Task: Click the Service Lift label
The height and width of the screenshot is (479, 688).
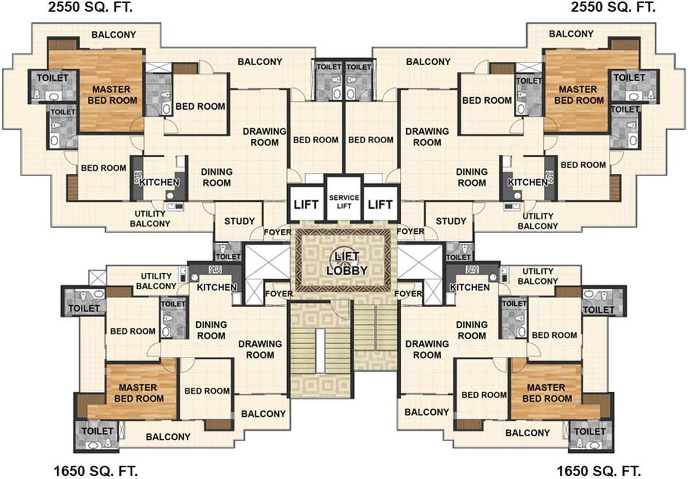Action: click(x=344, y=202)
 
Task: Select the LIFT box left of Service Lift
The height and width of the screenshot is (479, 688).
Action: click(x=306, y=205)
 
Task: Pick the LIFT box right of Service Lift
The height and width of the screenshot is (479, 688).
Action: click(x=380, y=205)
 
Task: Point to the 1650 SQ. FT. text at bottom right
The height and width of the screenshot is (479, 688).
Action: click(x=598, y=471)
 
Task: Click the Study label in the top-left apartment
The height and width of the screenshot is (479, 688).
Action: click(x=239, y=221)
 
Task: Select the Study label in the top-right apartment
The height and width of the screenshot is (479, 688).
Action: click(x=451, y=221)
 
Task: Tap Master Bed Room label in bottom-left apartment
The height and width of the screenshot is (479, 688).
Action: click(x=139, y=393)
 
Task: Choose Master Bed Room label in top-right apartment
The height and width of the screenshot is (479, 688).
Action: click(x=579, y=95)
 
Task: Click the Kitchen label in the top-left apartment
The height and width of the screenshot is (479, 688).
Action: click(x=160, y=182)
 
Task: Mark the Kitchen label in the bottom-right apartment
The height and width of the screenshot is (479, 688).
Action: click(x=470, y=288)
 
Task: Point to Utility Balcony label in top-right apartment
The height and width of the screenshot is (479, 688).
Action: click(x=537, y=221)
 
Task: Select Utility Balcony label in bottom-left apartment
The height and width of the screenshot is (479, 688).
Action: click(x=156, y=281)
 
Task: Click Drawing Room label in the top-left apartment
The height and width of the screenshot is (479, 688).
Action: click(x=265, y=137)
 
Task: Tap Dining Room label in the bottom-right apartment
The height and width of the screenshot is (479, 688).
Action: click(x=472, y=330)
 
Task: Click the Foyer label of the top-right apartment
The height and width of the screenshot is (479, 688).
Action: click(x=410, y=231)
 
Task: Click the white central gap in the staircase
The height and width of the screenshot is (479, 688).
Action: click(x=320, y=350)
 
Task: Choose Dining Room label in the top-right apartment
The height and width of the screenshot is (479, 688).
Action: click(x=472, y=177)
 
